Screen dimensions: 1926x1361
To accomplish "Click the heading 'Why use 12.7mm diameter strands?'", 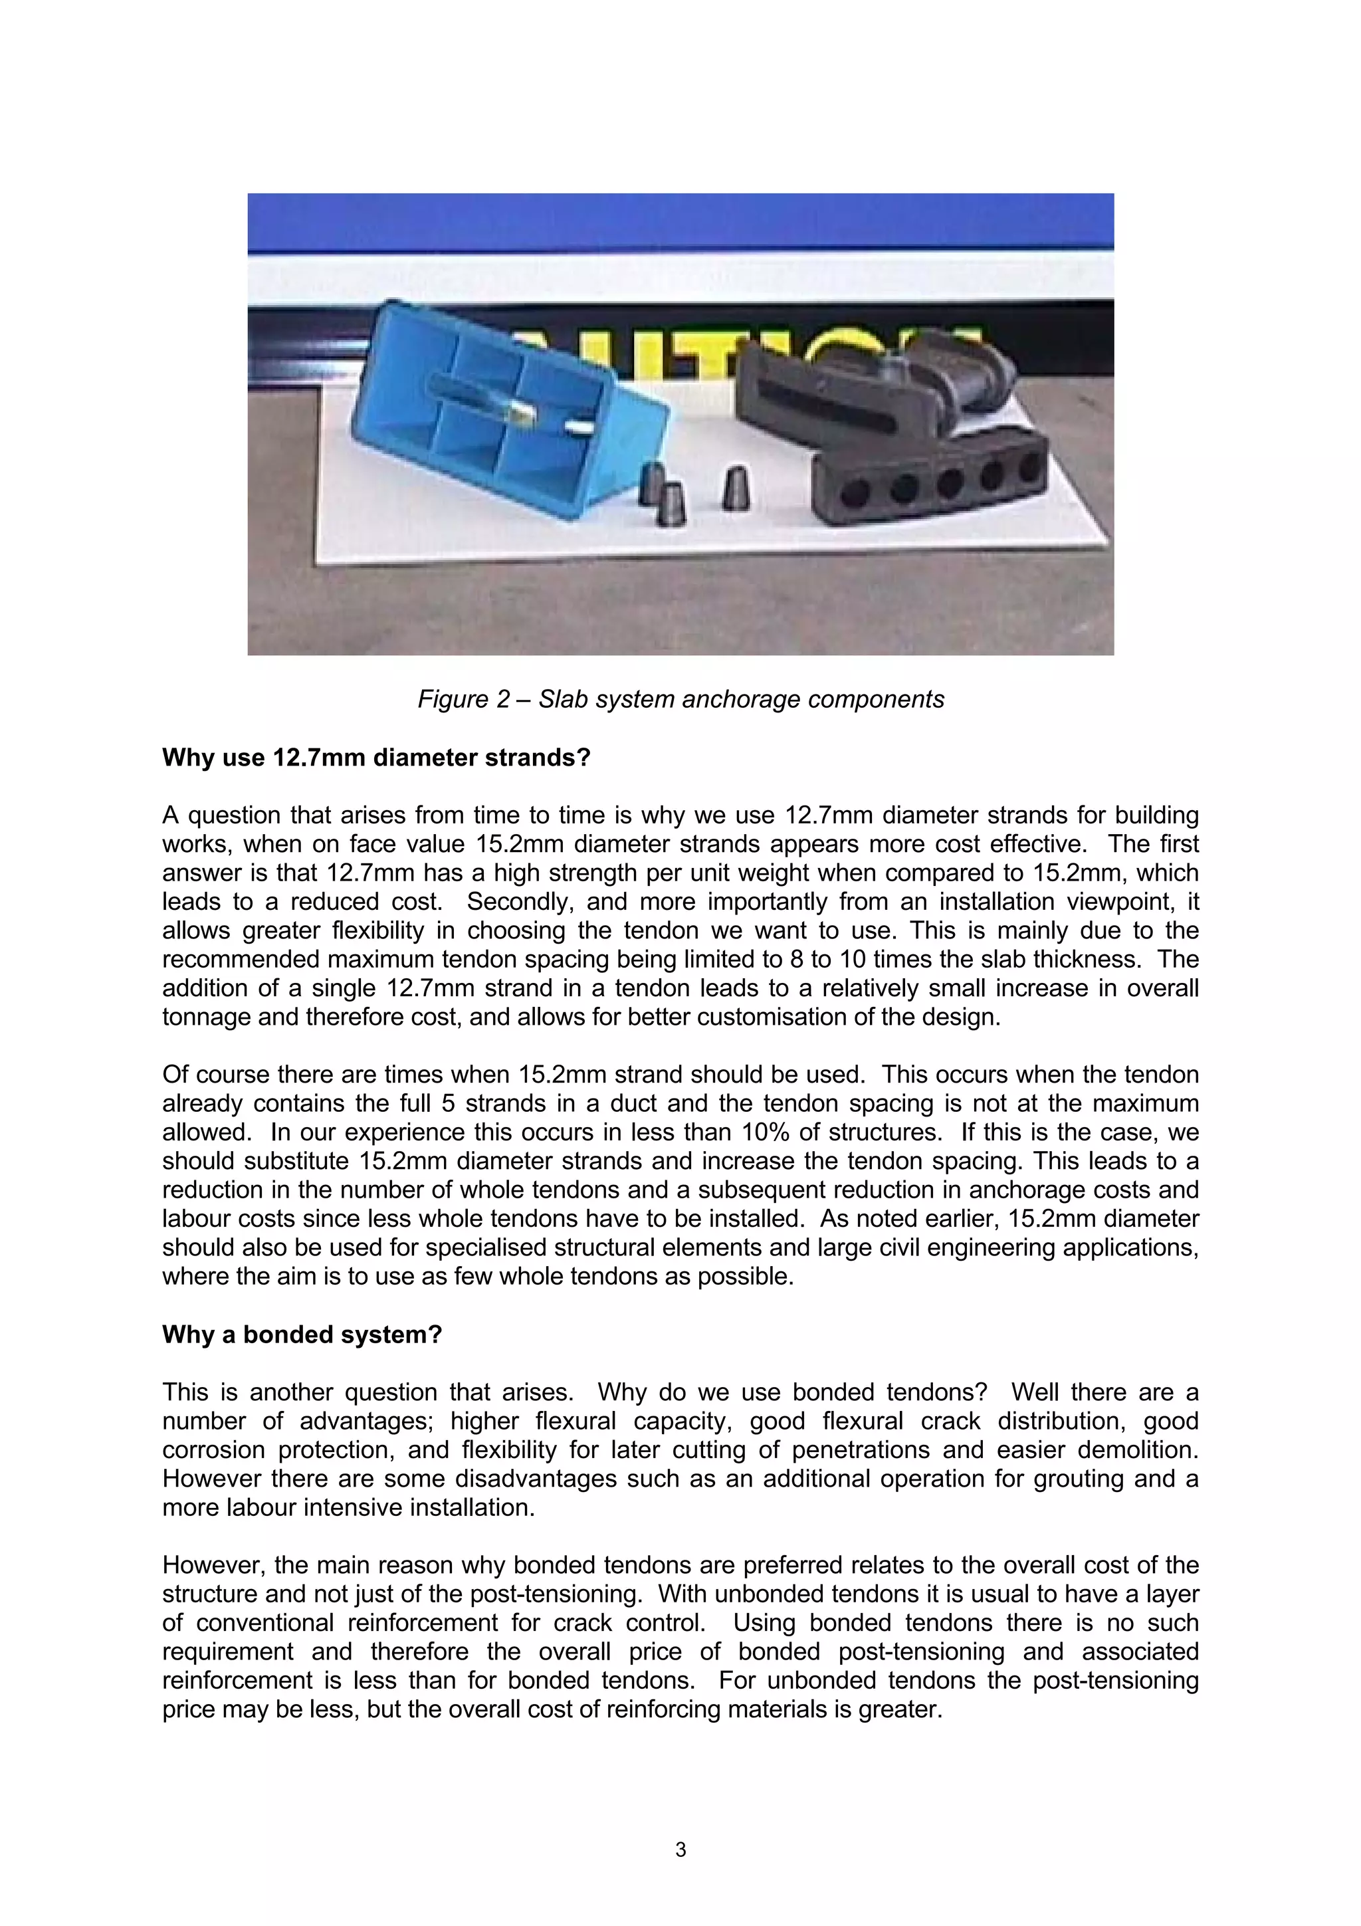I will [x=377, y=758].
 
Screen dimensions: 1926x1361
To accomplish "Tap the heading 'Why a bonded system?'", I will [x=302, y=1335].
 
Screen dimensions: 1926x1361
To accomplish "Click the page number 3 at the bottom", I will [x=680, y=1849].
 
